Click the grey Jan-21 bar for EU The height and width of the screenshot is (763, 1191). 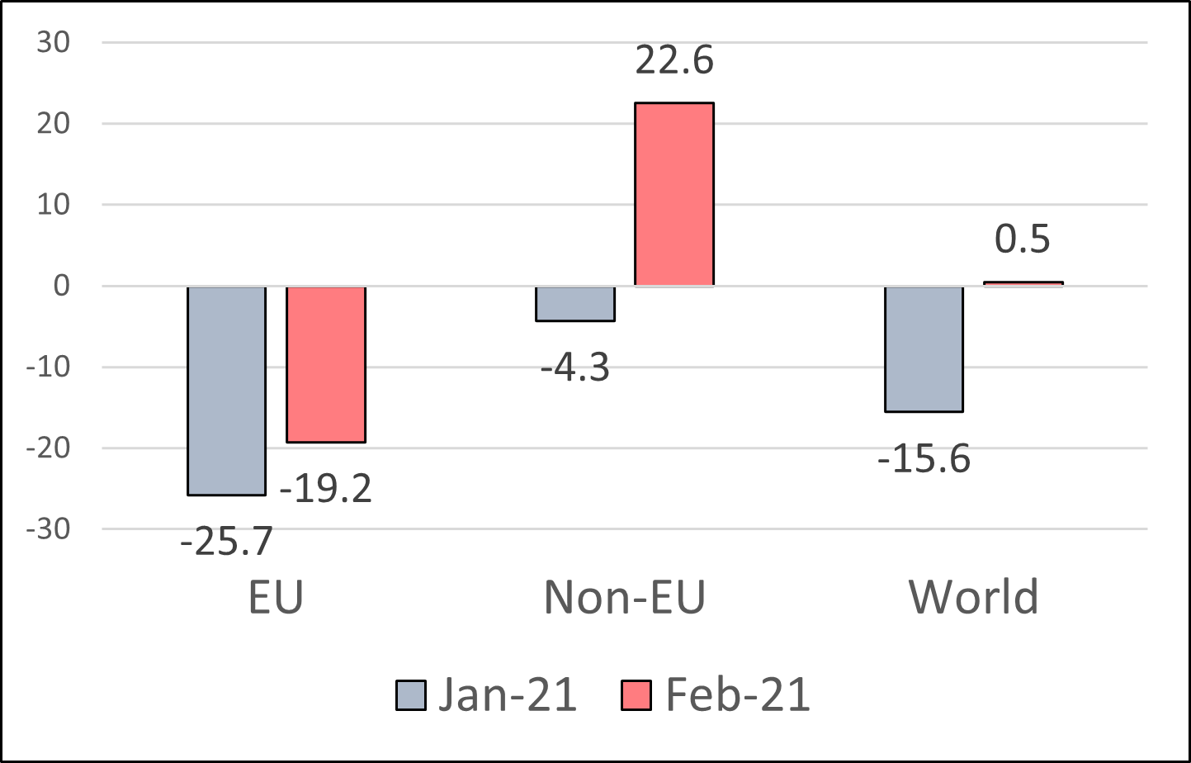tap(226, 390)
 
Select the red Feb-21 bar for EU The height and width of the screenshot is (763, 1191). tap(326, 364)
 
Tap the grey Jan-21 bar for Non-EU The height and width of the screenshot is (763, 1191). tap(574, 303)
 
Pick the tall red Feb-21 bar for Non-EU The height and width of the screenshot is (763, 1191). tap(673, 194)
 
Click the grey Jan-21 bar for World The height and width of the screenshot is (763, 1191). tap(924, 348)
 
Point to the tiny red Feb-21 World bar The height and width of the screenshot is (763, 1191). tap(1023, 283)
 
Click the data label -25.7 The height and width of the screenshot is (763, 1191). tap(226, 542)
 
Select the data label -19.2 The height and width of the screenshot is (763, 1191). tap(326, 489)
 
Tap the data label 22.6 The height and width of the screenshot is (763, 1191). tap(673, 60)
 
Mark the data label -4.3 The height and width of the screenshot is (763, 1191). tap(574, 367)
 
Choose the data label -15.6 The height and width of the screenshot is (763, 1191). tap(924, 458)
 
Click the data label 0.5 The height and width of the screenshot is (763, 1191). tap(1023, 239)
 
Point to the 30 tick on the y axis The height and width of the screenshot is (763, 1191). tap(54, 42)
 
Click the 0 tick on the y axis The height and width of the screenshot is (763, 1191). tap(62, 286)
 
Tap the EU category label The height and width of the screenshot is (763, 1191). tap(276, 597)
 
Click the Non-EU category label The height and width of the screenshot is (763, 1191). tap(625, 597)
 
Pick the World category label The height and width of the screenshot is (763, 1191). tap(973, 597)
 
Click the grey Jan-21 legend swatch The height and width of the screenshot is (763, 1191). tap(411, 695)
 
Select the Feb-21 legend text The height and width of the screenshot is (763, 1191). tap(737, 695)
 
